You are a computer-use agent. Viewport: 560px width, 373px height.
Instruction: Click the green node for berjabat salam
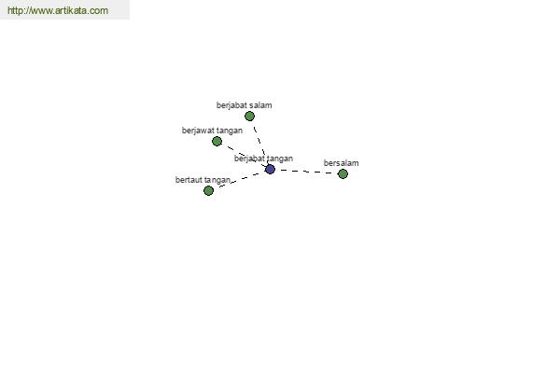[249, 116]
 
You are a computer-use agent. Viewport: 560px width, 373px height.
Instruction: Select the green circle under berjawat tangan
[217, 142]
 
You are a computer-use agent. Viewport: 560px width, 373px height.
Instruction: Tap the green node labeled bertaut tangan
[208, 190]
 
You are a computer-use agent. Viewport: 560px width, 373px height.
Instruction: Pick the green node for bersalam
[343, 173]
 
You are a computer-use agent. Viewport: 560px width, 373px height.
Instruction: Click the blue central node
[270, 169]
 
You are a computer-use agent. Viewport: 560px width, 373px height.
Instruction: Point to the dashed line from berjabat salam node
[260, 143]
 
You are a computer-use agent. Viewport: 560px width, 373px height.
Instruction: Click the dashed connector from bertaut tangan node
[240, 180]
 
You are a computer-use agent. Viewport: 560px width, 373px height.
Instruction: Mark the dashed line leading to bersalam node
[306, 172]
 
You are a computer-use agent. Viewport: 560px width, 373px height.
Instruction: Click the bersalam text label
[341, 163]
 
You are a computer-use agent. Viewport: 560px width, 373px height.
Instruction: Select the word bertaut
[189, 180]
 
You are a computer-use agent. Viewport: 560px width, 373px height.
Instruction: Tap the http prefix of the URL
[15, 10]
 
